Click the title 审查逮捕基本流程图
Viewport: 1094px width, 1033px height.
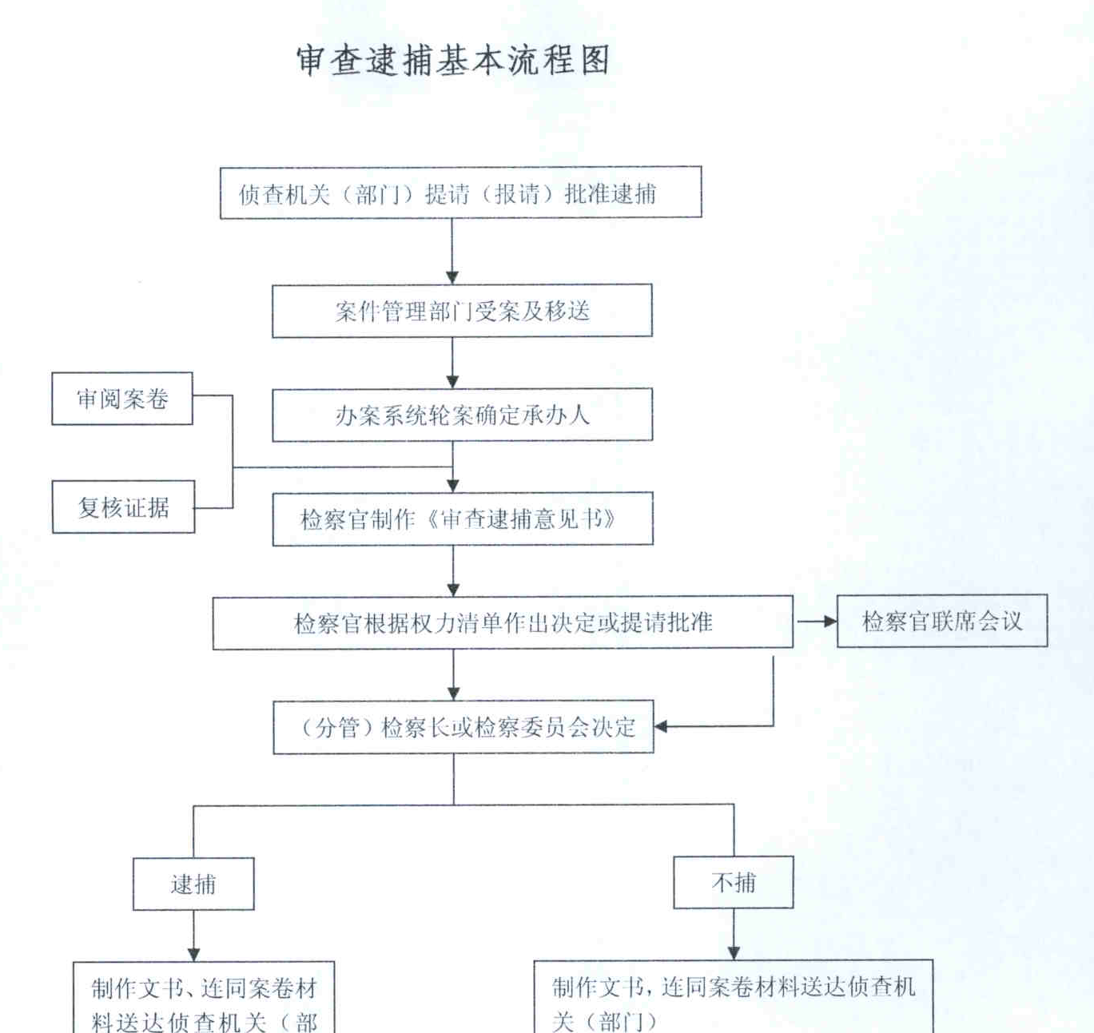coord(453,60)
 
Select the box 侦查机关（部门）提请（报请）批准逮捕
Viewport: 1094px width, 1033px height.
coord(460,193)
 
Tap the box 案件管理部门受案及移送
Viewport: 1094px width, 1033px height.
coord(462,311)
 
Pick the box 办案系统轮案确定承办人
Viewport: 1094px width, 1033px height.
coord(462,415)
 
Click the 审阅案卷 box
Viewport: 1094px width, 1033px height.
coord(122,399)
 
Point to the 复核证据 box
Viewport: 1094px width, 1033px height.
coord(123,507)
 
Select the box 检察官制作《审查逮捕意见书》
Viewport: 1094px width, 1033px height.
coord(463,519)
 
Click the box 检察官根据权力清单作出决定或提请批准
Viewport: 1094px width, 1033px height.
coord(503,622)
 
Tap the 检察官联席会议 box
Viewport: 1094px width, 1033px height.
coord(942,621)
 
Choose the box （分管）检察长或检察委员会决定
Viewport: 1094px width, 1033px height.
coord(463,727)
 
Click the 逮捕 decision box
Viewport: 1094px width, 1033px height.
coord(193,884)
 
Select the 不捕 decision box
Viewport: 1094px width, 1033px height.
coord(733,882)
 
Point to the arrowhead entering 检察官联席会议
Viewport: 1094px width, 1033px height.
coord(830,622)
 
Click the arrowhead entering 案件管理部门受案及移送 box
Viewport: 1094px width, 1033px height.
coord(452,277)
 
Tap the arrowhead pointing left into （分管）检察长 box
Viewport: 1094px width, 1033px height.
coord(661,727)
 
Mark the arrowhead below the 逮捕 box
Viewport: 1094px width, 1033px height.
coord(193,954)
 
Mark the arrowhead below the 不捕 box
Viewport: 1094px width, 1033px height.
coord(734,952)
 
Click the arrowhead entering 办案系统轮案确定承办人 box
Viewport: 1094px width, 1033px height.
coord(452,381)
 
